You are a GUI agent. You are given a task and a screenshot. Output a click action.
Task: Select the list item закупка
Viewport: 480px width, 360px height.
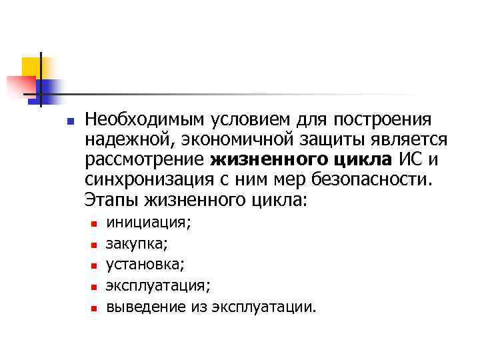tap(137, 244)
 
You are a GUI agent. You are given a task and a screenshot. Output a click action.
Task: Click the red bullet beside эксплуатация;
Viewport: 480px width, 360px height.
tap(94, 287)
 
